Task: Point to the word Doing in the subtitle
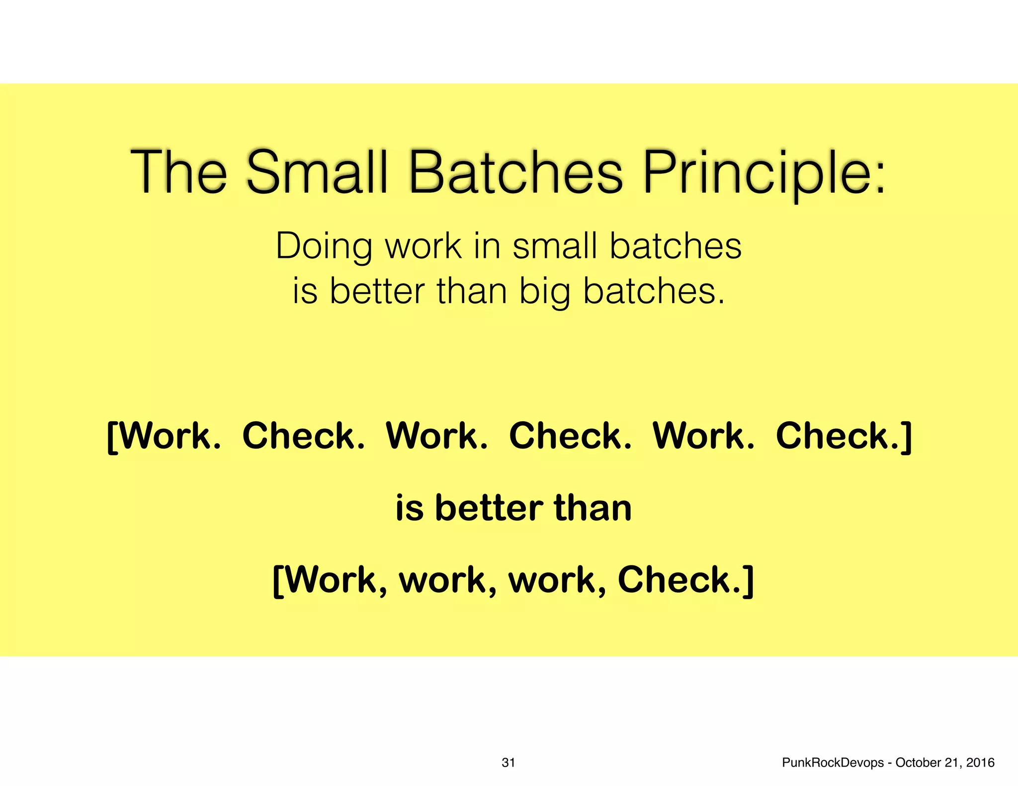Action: [324, 246]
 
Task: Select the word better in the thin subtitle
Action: [377, 291]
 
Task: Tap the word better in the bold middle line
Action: [489, 508]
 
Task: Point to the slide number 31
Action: [508, 763]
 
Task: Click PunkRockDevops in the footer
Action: [833, 763]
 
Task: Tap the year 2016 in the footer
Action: [980, 763]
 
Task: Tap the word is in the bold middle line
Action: [409, 508]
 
